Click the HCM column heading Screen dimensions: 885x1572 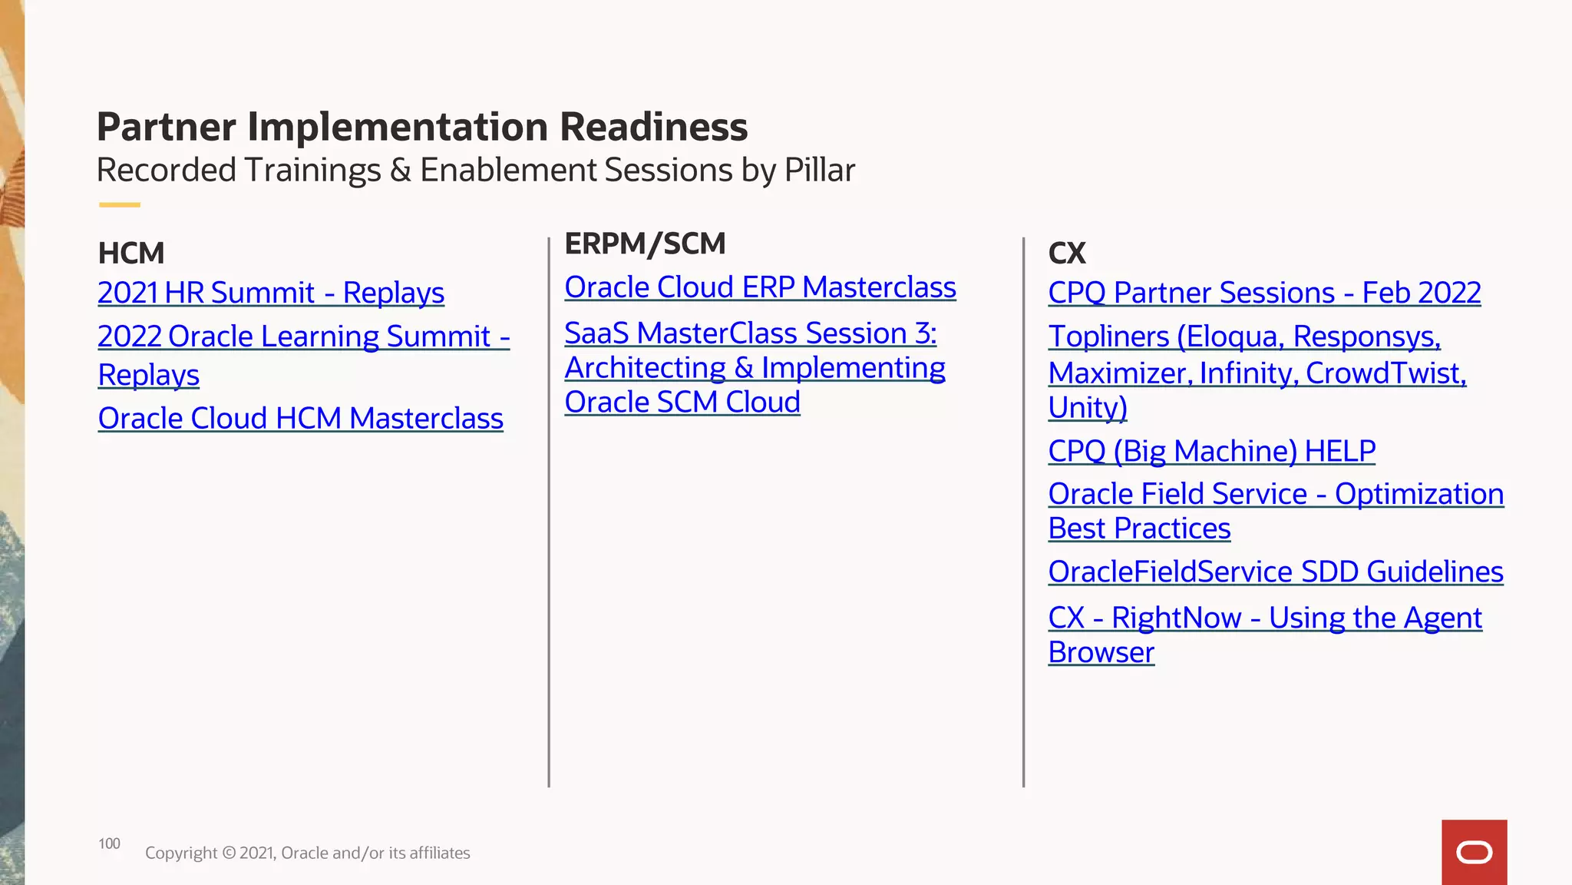(x=131, y=253)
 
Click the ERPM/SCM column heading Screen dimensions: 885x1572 (x=645, y=244)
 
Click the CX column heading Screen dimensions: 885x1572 (x=1067, y=253)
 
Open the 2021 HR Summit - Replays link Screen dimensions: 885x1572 (x=271, y=293)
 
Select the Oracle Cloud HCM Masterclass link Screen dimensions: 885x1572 (x=300, y=419)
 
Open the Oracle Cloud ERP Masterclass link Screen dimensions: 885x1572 (x=760, y=287)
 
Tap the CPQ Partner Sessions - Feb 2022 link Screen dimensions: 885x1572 (x=1264, y=293)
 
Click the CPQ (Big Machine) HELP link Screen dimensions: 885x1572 (x=1211, y=451)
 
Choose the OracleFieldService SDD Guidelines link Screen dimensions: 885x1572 (x=1275, y=572)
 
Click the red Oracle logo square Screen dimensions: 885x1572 (x=1474, y=852)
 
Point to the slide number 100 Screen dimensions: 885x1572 (x=109, y=844)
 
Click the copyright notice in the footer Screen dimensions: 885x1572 (x=307, y=853)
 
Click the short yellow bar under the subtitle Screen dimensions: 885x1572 (x=119, y=205)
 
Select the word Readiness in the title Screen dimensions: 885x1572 (x=653, y=127)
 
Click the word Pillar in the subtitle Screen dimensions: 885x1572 (x=819, y=170)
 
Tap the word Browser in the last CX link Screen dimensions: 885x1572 (x=1101, y=652)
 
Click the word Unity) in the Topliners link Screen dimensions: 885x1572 (x=1087, y=407)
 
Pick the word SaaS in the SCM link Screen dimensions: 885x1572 (x=596, y=333)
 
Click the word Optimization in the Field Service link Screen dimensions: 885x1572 (x=1418, y=494)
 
